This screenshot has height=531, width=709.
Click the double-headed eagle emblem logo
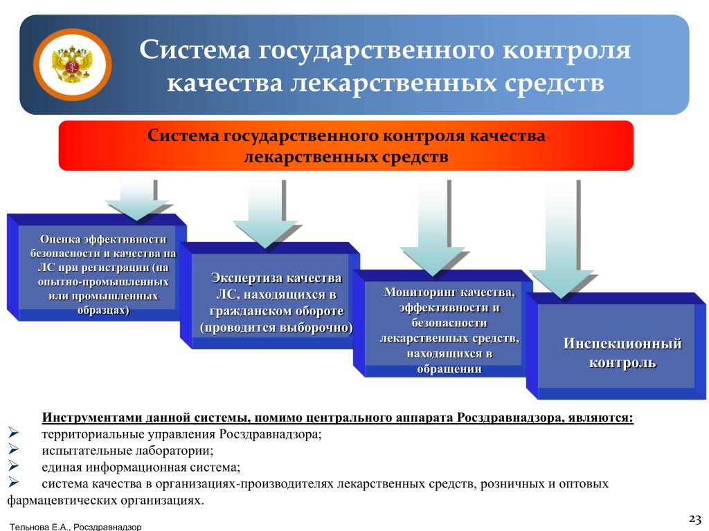[72, 64]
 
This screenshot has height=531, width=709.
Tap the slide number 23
[694, 519]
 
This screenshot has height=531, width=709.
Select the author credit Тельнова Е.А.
[39, 526]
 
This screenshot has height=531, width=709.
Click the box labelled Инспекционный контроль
[616, 346]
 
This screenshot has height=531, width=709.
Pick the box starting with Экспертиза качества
[270, 296]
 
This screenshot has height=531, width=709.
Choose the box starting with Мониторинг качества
[443, 324]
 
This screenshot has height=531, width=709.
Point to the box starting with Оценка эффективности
[97, 268]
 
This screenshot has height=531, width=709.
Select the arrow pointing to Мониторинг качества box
[433, 228]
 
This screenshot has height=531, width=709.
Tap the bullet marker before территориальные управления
[13, 433]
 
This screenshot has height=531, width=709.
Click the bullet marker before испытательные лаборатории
[13, 449]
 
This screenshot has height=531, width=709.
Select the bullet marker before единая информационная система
[13, 465]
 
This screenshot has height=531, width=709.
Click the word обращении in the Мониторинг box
[449, 369]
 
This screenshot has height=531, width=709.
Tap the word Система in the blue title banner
[195, 49]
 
